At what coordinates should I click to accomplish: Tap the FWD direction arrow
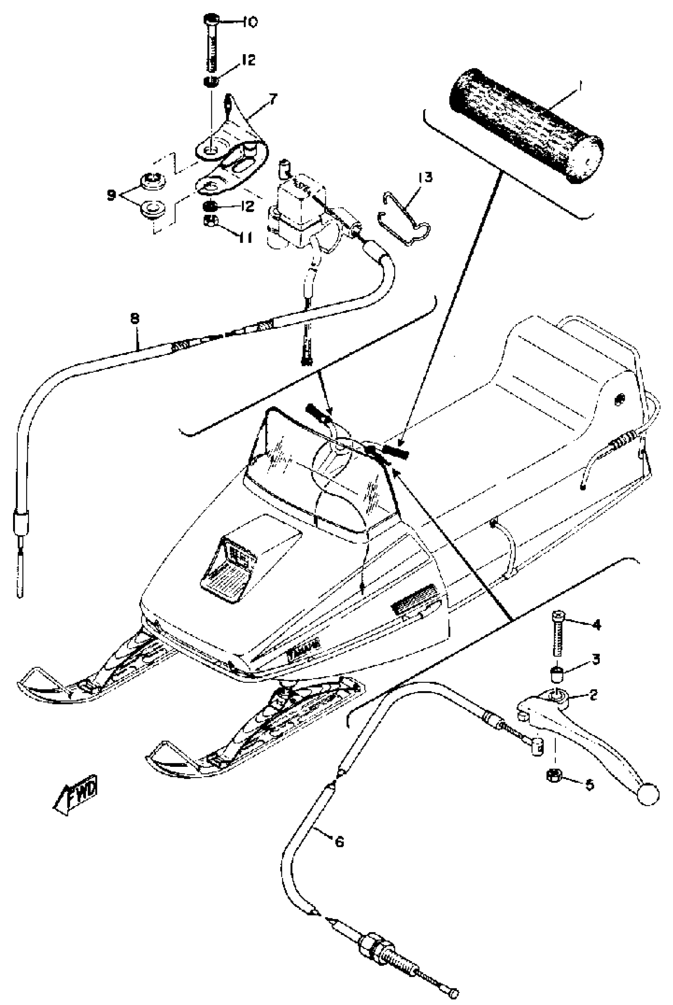(x=76, y=791)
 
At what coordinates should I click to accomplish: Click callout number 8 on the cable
(x=134, y=318)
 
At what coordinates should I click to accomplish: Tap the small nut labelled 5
(x=552, y=775)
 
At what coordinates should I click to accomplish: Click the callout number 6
(x=339, y=842)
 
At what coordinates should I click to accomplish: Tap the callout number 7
(x=274, y=100)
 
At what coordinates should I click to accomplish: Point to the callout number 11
(x=245, y=237)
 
